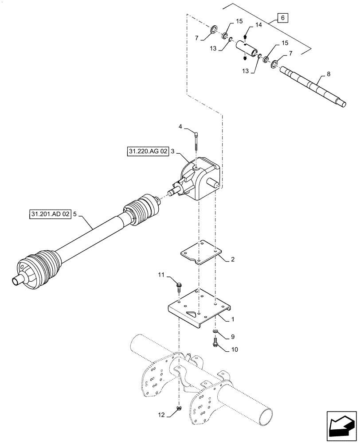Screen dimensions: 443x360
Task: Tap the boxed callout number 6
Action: (x=283, y=18)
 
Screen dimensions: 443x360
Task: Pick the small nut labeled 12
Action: (x=179, y=408)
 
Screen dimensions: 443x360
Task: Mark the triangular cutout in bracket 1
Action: (x=191, y=313)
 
